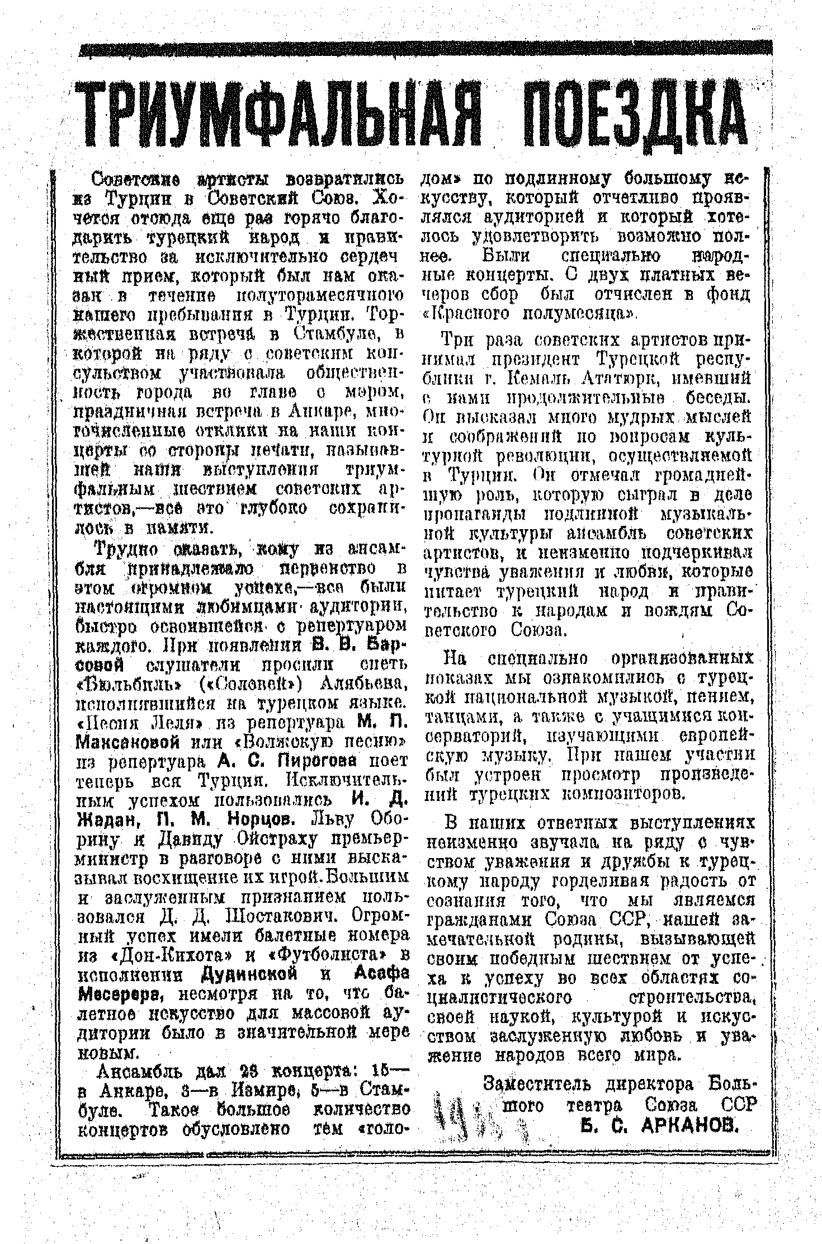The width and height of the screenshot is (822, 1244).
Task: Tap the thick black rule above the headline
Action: coord(425,51)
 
